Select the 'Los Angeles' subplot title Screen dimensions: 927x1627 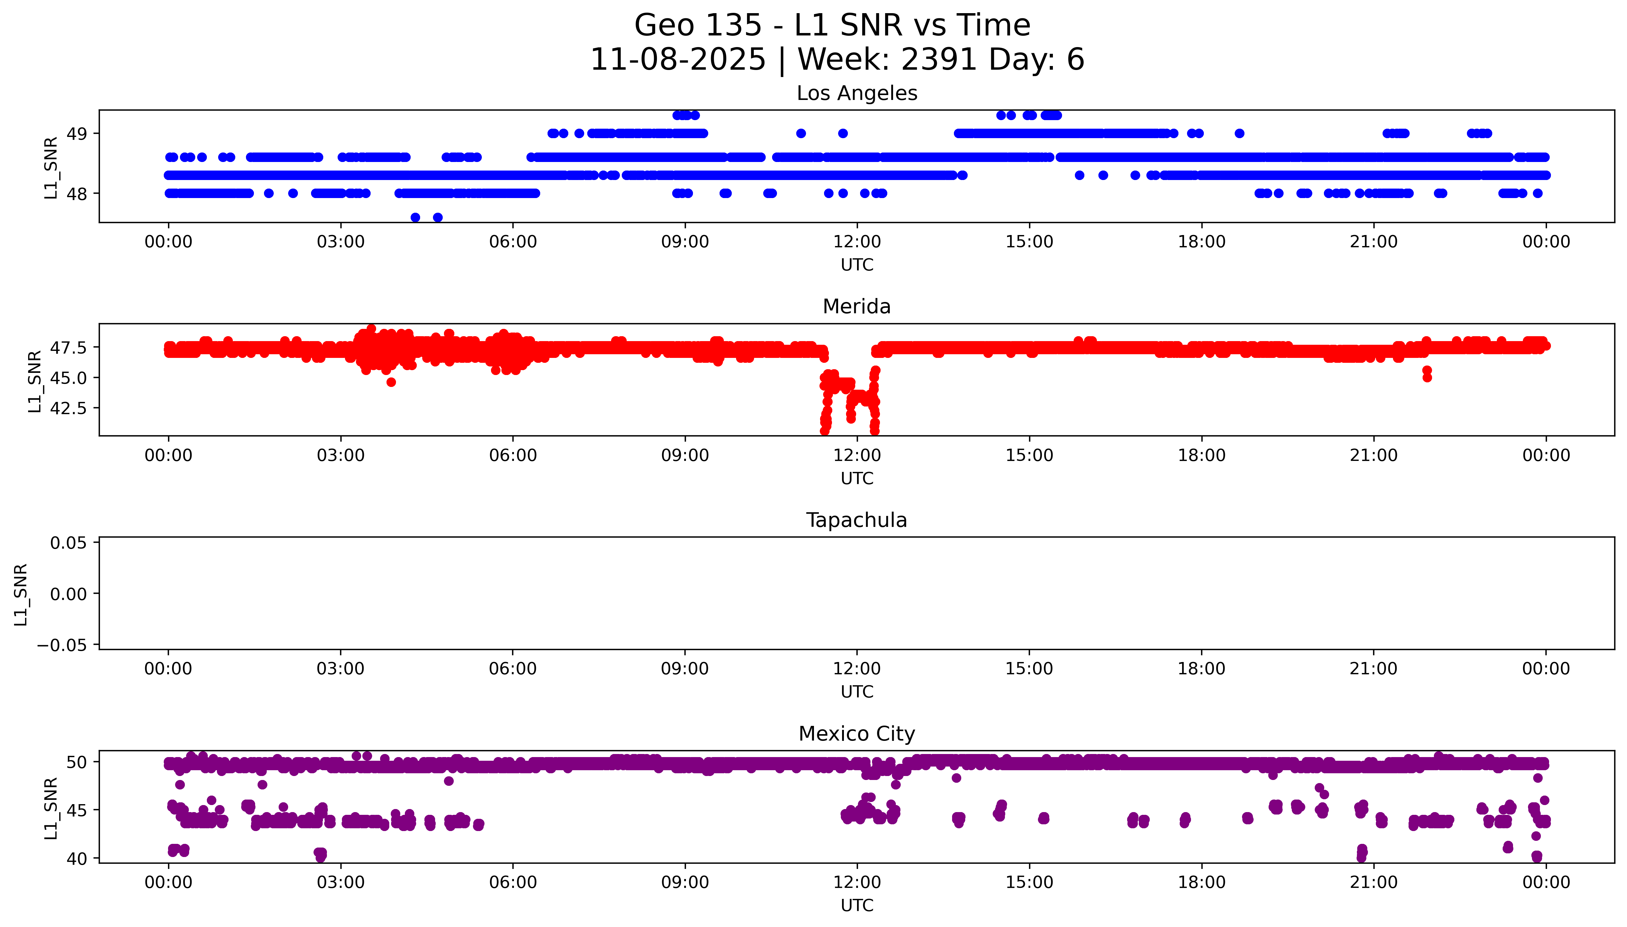pos(856,94)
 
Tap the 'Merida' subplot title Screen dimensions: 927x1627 pos(856,307)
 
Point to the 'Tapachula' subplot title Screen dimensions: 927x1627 pos(856,520)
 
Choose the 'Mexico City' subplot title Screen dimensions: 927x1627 pos(856,734)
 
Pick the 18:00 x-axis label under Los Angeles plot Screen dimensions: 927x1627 pos(1201,242)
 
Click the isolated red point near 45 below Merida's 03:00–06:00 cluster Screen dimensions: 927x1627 pos(391,382)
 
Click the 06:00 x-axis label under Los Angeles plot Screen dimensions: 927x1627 pos(513,242)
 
